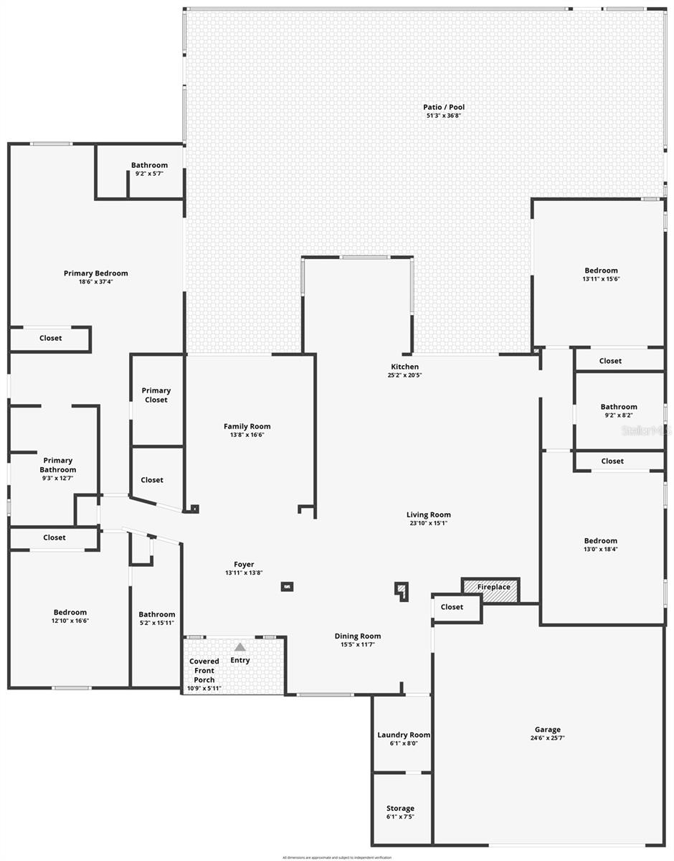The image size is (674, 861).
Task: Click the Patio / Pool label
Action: pyautogui.click(x=443, y=108)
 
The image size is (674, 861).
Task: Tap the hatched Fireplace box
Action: pyautogui.click(x=491, y=588)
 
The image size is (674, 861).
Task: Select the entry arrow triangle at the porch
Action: pyautogui.click(x=240, y=647)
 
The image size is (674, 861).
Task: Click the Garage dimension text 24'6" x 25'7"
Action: pyautogui.click(x=547, y=738)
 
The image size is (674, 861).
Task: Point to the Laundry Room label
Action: pyautogui.click(x=404, y=735)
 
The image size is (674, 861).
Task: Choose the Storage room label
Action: pyautogui.click(x=400, y=809)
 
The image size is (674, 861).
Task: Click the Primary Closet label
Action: pyautogui.click(x=156, y=395)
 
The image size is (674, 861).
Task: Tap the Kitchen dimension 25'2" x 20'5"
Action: pyautogui.click(x=404, y=375)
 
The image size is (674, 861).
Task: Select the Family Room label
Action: pyautogui.click(x=247, y=426)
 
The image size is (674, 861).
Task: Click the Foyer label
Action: pyautogui.click(x=244, y=565)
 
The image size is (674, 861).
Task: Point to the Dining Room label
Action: pyautogui.click(x=358, y=636)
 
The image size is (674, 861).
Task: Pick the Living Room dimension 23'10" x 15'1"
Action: pyautogui.click(x=428, y=523)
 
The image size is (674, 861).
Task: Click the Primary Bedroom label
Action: pyautogui.click(x=95, y=273)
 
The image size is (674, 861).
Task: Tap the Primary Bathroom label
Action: pyautogui.click(x=58, y=465)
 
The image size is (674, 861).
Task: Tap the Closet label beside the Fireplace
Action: pyautogui.click(x=452, y=607)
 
